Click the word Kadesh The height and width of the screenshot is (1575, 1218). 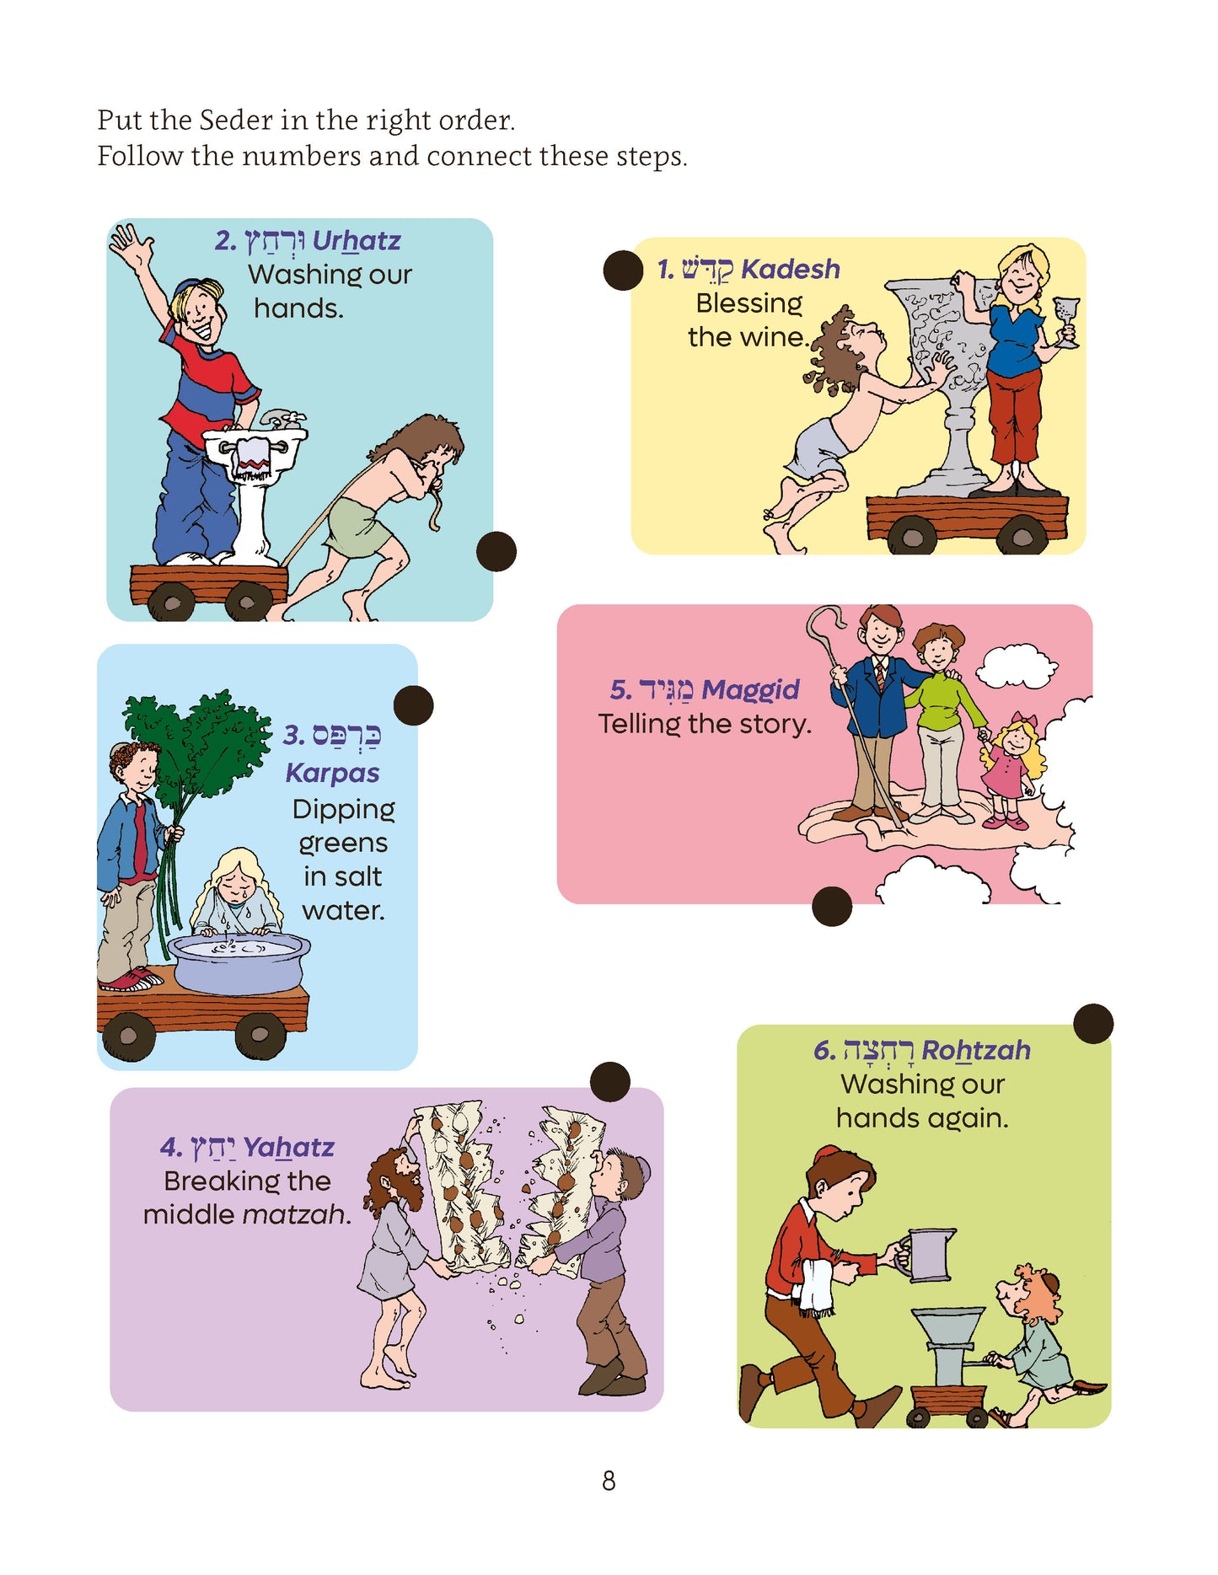pos(791,269)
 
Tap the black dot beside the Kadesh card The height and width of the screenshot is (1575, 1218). pos(624,271)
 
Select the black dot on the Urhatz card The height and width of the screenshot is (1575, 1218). pos(496,552)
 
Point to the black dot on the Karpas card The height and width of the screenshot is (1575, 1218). pos(413,705)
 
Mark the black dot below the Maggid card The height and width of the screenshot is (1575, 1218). pos(832,907)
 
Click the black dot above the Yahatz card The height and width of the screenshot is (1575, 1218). pos(610,1082)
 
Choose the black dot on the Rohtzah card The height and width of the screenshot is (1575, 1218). pos(1093,1024)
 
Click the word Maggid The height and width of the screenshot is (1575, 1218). pos(750,690)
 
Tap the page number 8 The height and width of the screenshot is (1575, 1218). pos(609,1481)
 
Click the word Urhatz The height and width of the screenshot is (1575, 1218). pos(357,241)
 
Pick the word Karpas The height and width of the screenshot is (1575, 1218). pos(332,773)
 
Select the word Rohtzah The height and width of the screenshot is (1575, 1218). pos(976,1050)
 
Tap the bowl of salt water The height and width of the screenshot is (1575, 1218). pos(239,962)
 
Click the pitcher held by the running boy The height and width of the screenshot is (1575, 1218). pos(926,1255)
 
